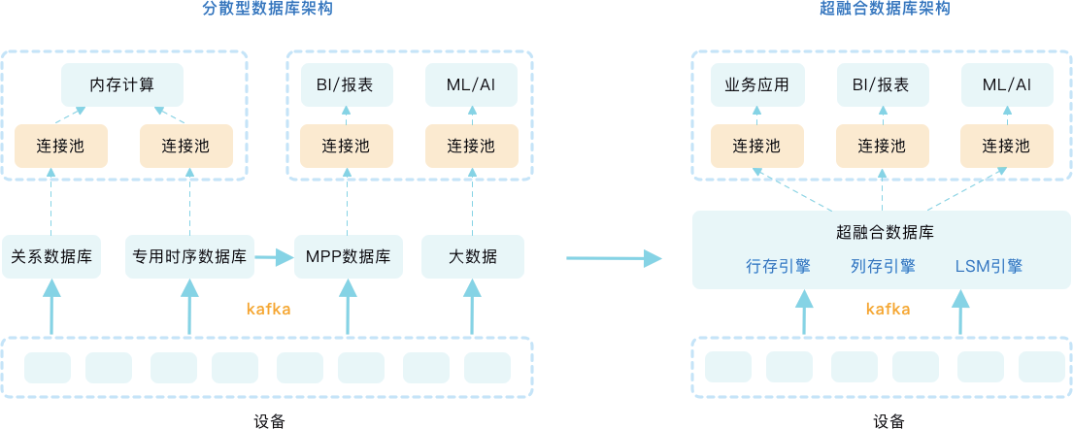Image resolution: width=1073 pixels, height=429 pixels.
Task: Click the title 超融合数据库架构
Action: pyautogui.click(x=884, y=10)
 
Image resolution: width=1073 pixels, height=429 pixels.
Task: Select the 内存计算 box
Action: pyautogui.click(x=121, y=84)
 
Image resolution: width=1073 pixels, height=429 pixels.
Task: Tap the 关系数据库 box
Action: pyautogui.click(x=51, y=257)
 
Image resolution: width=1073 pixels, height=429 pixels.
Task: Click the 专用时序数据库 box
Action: pyautogui.click(x=189, y=257)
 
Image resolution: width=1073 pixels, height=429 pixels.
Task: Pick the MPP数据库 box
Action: pyautogui.click(x=348, y=257)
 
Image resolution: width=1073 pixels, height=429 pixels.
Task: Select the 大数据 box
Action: pyautogui.click(x=472, y=257)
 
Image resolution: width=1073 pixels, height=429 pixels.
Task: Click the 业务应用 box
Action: pyautogui.click(x=757, y=84)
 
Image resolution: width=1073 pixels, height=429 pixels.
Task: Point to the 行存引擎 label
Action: pyautogui.click(x=778, y=266)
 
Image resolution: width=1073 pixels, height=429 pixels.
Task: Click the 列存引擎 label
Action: pyautogui.click(x=882, y=266)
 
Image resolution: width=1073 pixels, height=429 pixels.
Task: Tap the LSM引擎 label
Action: pyautogui.click(x=989, y=266)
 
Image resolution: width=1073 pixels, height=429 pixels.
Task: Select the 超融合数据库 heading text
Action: pyautogui.click(x=884, y=233)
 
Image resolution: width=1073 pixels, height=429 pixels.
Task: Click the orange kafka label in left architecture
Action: pyautogui.click(x=269, y=310)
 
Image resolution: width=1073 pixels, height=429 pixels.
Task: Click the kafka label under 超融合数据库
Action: pyautogui.click(x=888, y=310)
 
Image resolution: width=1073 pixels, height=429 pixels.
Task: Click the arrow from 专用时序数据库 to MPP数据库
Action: pyautogui.click(x=274, y=257)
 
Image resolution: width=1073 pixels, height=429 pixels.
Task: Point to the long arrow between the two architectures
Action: pyautogui.click(x=613, y=258)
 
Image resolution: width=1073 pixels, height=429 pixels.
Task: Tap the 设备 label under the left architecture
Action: pyautogui.click(x=269, y=420)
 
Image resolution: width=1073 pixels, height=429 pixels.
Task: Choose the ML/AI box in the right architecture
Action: pyautogui.click(x=1006, y=84)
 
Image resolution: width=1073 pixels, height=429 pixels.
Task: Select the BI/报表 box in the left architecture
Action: pyautogui.click(x=347, y=84)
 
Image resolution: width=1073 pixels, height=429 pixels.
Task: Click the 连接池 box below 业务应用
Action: pyautogui.click(x=757, y=146)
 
